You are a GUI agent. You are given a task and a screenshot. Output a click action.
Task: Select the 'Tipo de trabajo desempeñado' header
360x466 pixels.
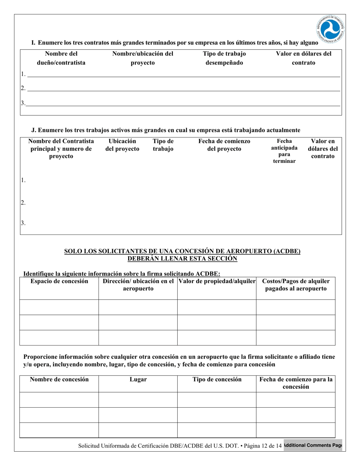click(224, 58)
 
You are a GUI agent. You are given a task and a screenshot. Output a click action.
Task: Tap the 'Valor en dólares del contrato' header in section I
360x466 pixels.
click(304, 58)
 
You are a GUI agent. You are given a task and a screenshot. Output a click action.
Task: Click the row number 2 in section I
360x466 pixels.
click(23, 88)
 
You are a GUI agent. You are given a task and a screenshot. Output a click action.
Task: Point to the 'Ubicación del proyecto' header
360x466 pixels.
click(122, 145)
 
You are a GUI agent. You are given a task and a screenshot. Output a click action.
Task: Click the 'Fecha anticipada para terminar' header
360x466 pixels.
click(284, 151)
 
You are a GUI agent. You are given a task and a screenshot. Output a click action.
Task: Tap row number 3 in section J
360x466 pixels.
click(23, 223)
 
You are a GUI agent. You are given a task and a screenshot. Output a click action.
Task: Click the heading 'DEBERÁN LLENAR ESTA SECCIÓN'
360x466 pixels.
click(182, 259)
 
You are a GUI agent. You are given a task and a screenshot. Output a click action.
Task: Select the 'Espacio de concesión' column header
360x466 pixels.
click(59, 281)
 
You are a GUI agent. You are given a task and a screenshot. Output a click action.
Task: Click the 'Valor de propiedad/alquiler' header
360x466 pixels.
click(217, 281)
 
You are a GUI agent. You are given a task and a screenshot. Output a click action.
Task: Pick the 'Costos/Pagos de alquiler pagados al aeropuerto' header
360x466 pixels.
click(296, 285)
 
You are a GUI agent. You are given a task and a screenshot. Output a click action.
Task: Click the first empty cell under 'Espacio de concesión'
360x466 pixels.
click(59, 307)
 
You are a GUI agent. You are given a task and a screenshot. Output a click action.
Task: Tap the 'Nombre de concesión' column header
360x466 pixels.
click(59, 379)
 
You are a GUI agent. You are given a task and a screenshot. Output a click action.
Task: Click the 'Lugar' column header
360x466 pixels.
click(138, 379)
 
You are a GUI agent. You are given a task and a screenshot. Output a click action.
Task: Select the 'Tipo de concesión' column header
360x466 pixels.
click(217, 379)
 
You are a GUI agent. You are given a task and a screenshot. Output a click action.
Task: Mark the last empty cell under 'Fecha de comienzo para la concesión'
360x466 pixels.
click(296, 430)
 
